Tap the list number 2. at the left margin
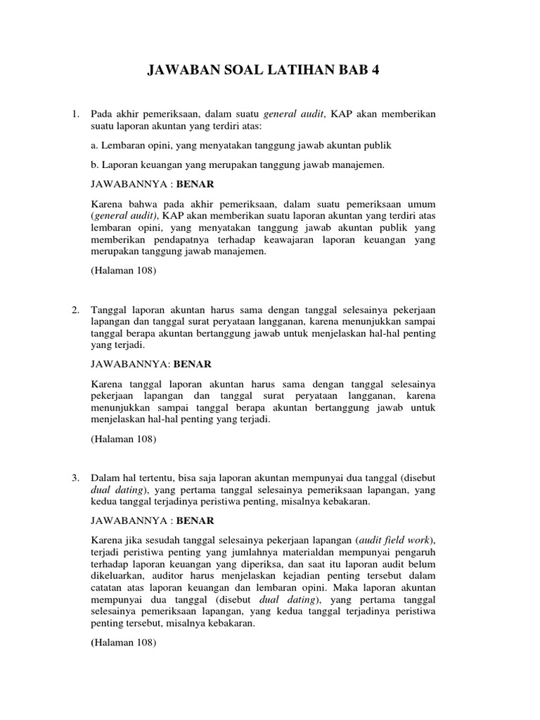click(76, 310)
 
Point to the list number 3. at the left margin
click(76, 478)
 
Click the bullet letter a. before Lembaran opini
click(96, 146)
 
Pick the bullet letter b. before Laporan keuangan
click(96, 165)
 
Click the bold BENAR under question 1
click(195, 184)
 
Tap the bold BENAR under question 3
click(195, 521)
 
